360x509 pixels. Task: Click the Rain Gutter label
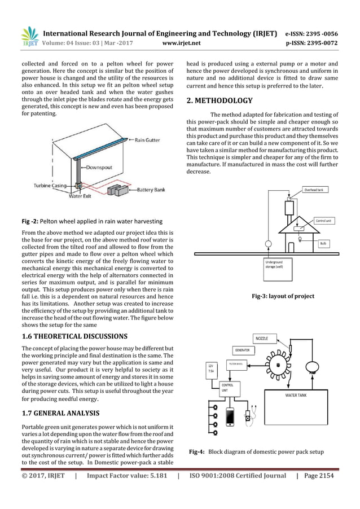[148, 140]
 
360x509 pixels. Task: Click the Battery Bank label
[152, 191]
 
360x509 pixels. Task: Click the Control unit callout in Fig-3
[324, 221]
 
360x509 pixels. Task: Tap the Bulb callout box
[323, 243]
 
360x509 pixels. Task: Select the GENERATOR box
[243, 350]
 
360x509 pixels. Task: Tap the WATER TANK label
[296, 396]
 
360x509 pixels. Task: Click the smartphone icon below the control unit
[230, 417]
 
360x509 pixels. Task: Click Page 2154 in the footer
[319, 476]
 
